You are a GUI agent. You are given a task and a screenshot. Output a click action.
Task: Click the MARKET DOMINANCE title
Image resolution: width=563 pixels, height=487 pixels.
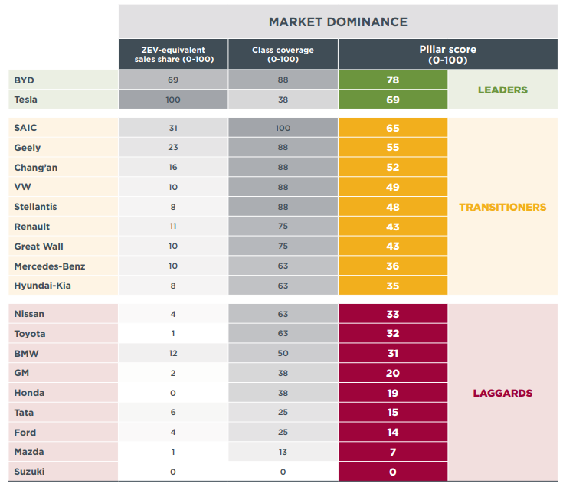338,21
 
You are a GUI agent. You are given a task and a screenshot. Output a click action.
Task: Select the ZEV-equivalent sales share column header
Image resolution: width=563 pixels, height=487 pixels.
173,54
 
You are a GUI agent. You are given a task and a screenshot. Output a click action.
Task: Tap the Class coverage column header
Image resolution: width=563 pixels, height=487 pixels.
283,54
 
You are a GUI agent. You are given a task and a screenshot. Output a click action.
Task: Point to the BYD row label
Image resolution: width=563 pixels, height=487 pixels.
25,80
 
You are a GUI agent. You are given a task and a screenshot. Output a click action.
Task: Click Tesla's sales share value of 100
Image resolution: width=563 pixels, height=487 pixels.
173,100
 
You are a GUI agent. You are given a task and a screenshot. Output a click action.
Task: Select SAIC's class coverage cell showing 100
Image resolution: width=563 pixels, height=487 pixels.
283,128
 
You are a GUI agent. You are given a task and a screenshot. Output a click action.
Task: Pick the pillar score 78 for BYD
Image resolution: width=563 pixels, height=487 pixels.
392,80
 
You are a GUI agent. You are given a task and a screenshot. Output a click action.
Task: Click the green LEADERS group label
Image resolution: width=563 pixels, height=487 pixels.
502,90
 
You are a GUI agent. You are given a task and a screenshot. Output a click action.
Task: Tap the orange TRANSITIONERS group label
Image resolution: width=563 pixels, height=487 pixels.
502,207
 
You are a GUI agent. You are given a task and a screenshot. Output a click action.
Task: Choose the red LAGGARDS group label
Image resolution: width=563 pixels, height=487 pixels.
502,393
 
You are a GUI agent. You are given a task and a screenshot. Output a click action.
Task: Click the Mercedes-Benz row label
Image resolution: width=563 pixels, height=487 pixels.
50,266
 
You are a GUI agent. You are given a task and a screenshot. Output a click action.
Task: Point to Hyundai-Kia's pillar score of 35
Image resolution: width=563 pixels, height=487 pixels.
392,286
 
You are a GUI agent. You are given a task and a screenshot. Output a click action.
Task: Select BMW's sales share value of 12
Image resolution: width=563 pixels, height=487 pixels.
173,353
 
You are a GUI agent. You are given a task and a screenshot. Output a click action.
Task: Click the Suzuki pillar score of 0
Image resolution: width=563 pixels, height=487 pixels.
392,472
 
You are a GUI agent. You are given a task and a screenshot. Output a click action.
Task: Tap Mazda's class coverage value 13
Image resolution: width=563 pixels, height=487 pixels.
283,452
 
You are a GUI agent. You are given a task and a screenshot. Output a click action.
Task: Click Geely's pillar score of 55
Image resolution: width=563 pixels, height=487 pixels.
392,148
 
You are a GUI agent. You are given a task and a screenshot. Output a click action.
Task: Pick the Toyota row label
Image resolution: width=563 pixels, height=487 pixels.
30,334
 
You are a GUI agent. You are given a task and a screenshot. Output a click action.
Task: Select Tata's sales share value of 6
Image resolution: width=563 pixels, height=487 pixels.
173,413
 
